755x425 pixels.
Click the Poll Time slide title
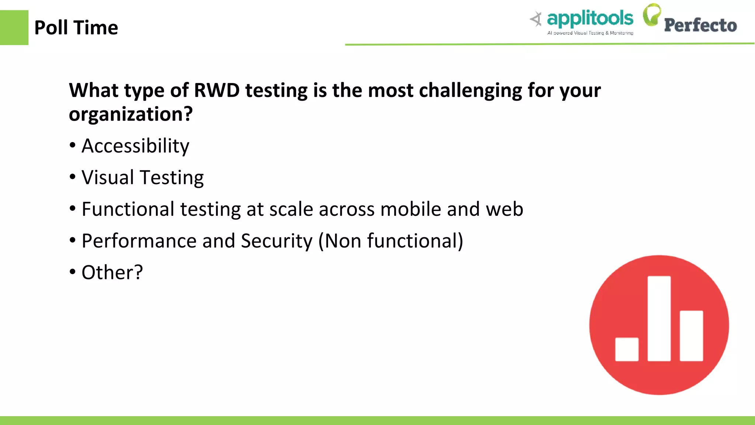[76, 28]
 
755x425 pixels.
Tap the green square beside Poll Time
[14, 28]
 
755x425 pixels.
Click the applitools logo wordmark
[590, 18]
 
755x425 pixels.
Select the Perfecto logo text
[700, 25]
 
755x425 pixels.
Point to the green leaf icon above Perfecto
[652, 15]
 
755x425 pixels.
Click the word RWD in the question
[217, 90]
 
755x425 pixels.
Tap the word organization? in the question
[131, 114]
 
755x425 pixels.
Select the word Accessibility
[135, 146]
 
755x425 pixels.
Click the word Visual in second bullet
[108, 177]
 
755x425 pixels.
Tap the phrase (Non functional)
[391, 241]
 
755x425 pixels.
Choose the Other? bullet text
[112, 273]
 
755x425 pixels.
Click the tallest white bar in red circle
[659, 318]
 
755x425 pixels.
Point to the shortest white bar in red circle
[627, 349]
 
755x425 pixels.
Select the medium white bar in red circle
[691, 336]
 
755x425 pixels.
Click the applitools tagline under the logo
[590, 33]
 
